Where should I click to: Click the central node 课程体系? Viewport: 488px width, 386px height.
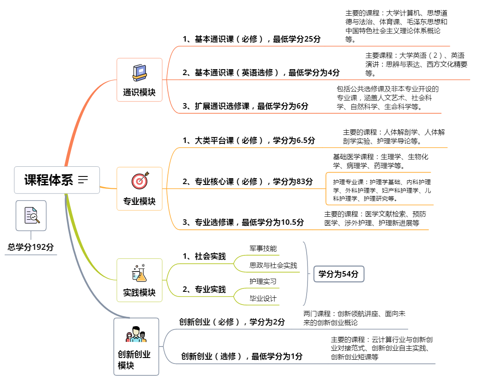tap(49, 180)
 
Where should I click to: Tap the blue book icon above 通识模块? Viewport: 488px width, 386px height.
tap(139, 73)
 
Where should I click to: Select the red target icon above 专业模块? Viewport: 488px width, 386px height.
tap(140, 181)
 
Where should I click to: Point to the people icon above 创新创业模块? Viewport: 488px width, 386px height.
tap(136, 335)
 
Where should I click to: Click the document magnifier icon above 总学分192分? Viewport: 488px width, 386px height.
tap(31, 215)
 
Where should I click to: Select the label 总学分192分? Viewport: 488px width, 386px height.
tap(31, 247)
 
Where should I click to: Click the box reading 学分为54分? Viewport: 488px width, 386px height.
tap(338, 274)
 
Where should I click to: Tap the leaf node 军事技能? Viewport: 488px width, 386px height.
tap(263, 249)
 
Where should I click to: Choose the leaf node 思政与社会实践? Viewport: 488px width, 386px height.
tap(273, 266)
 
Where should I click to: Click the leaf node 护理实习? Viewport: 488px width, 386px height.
tap(263, 281)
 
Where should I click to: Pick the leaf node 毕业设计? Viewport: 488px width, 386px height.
tap(263, 299)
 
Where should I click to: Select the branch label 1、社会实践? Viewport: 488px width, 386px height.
tap(204, 256)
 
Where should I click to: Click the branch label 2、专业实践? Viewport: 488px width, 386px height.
tap(204, 290)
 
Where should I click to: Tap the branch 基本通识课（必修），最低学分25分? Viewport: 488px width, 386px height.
tap(251, 39)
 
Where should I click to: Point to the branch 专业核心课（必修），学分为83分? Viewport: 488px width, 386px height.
tap(248, 182)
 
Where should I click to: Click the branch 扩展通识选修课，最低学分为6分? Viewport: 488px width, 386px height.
tap(245, 106)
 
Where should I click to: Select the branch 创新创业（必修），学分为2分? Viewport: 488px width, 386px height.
tap(232, 322)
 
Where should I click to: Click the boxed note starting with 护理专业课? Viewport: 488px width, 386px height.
tap(381, 189)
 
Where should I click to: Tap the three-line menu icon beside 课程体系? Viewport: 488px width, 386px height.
tap(83, 180)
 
